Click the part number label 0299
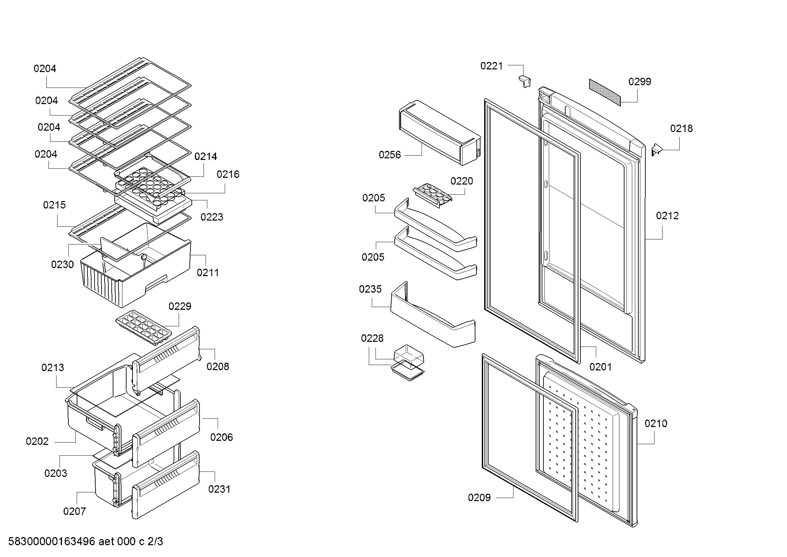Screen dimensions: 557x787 point(640,81)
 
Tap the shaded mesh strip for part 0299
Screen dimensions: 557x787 point(605,92)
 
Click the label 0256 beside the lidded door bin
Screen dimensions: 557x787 point(389,155)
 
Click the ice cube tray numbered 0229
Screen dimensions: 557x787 point(143,326)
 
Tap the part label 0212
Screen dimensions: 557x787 point(667,216)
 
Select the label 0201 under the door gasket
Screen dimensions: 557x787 point(600,367)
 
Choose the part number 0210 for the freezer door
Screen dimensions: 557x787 point(656,424)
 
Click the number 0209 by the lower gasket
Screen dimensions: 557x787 point(479,498)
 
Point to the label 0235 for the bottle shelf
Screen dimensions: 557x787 point(370,289)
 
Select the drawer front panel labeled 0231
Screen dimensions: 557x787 point(166,484)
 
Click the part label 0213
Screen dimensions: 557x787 point(52,368)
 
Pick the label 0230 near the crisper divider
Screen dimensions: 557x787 point(62,264)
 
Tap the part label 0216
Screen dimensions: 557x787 point(227,174)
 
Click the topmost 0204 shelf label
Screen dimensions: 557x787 point(44,69)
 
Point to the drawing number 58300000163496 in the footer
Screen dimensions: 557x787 point(51,542)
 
